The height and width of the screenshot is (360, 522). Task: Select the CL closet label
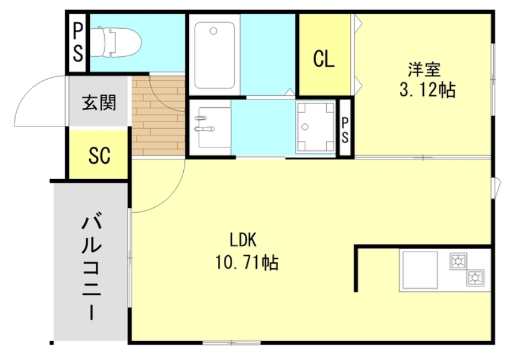click(324, 59)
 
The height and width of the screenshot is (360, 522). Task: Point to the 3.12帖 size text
click(427, 90)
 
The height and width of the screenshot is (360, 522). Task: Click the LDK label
click(244, 241)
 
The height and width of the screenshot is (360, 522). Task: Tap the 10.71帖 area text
click(246, 262)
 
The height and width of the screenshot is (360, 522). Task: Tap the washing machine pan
click(315, 128)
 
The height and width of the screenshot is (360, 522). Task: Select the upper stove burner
click(459, 261)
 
